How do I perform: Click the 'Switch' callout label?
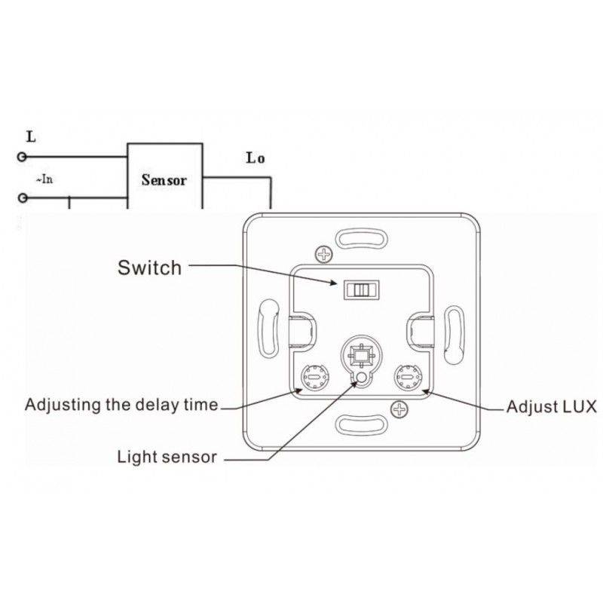150,267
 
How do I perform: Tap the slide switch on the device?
358,289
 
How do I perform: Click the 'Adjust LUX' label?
550,407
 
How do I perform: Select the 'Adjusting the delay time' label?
121,405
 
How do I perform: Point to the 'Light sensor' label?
167,456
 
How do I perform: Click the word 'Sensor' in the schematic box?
164,181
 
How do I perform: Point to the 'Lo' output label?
256,158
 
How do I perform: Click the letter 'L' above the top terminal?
30,137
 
